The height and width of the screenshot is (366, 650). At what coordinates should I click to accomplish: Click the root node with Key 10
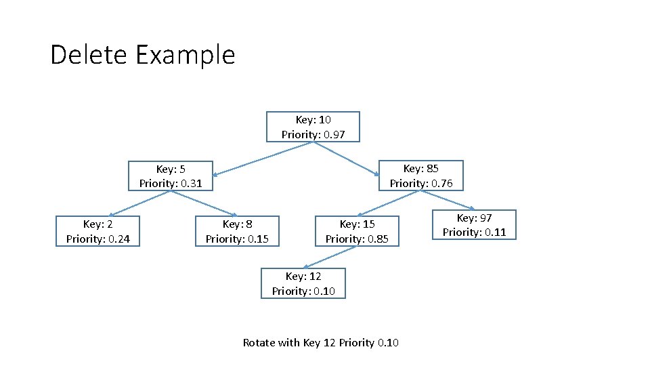[x=313, y=127]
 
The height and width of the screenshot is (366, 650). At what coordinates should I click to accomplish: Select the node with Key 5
[x=171, y=176]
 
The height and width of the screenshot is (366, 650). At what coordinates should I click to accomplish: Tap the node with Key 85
[x=420, y=176]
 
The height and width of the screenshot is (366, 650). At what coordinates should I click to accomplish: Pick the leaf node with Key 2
[x=97, y=231]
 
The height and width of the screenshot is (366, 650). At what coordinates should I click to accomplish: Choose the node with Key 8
[x=237, y=231]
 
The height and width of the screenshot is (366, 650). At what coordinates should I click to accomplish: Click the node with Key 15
[x=357, y=231]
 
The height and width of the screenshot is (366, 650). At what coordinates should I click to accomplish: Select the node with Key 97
[x=474, y=225]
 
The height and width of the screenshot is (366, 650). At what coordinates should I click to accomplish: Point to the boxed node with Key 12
[x=303, y=283]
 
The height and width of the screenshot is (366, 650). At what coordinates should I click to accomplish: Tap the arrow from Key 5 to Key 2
[x=139, y=203]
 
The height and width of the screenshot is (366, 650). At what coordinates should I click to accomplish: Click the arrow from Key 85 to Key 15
[x=385, y=203]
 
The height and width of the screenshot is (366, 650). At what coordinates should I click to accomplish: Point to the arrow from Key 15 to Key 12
[x=330, y=257]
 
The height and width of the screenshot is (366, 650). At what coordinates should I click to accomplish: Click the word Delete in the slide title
[x=89, y=54]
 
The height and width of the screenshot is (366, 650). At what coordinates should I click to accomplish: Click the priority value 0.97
[x=334, y=134]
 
